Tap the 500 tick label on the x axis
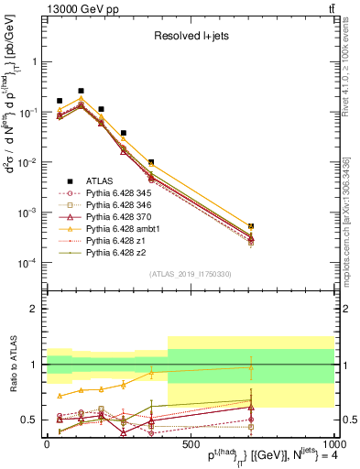(x=190, y=443)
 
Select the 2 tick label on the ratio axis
(x=35, y=309)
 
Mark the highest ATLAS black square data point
(x=81, y=92)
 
